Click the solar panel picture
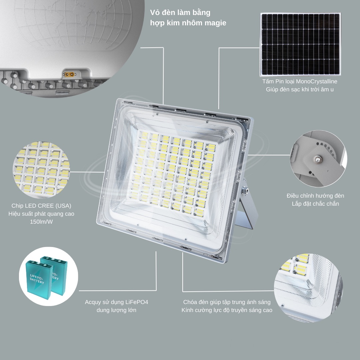tap(300, 44)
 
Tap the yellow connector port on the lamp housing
tap(69, 74)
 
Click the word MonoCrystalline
tap(317, 82)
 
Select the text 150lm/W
tap(41, 222)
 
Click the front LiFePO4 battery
tap(39, 279)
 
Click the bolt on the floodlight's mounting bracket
tap(246, 190)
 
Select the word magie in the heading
tap(215, 23)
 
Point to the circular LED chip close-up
tap(41, 170)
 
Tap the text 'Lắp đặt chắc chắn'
tap(315, 204)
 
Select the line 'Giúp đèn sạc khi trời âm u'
tap(300, 89)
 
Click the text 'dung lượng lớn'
tap(116, 310)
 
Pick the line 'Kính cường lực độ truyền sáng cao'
tap(227, 310)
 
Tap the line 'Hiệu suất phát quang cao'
tap(41, 214)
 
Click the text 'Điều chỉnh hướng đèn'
tap(315, 196)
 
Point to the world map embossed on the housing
tap(73, 25)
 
